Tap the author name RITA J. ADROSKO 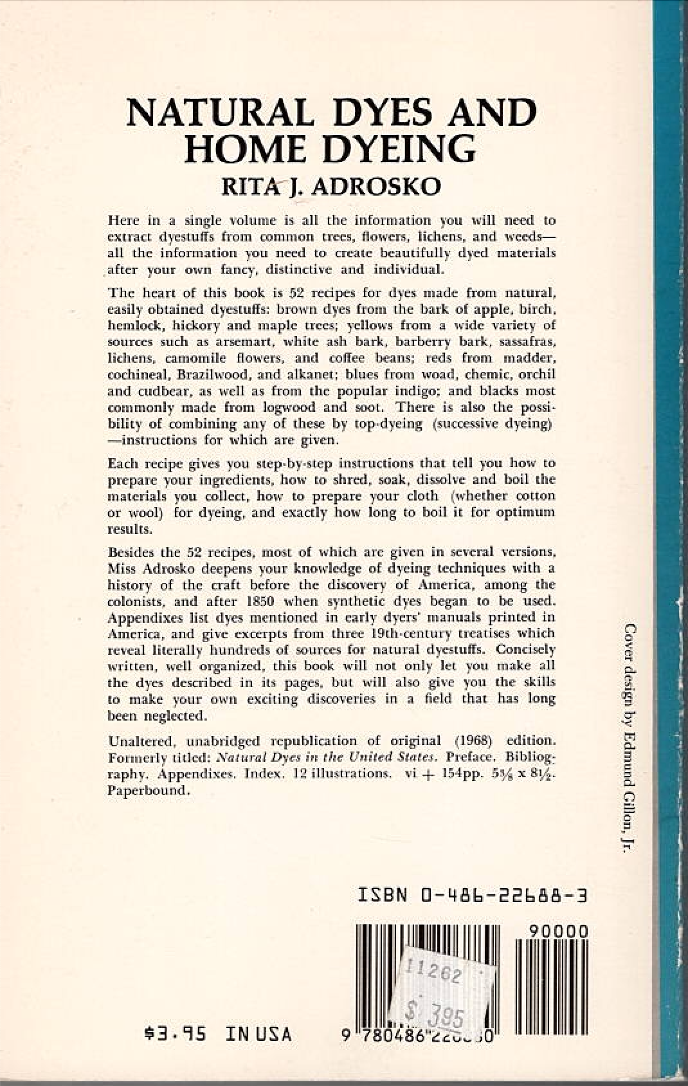coord(331,186)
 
